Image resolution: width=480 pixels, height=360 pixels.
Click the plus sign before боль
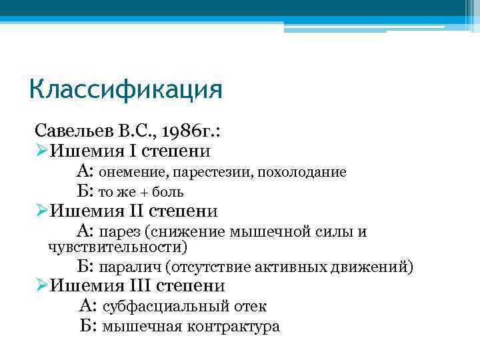[145, 192]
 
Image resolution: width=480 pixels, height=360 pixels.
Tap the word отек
[251, 307]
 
